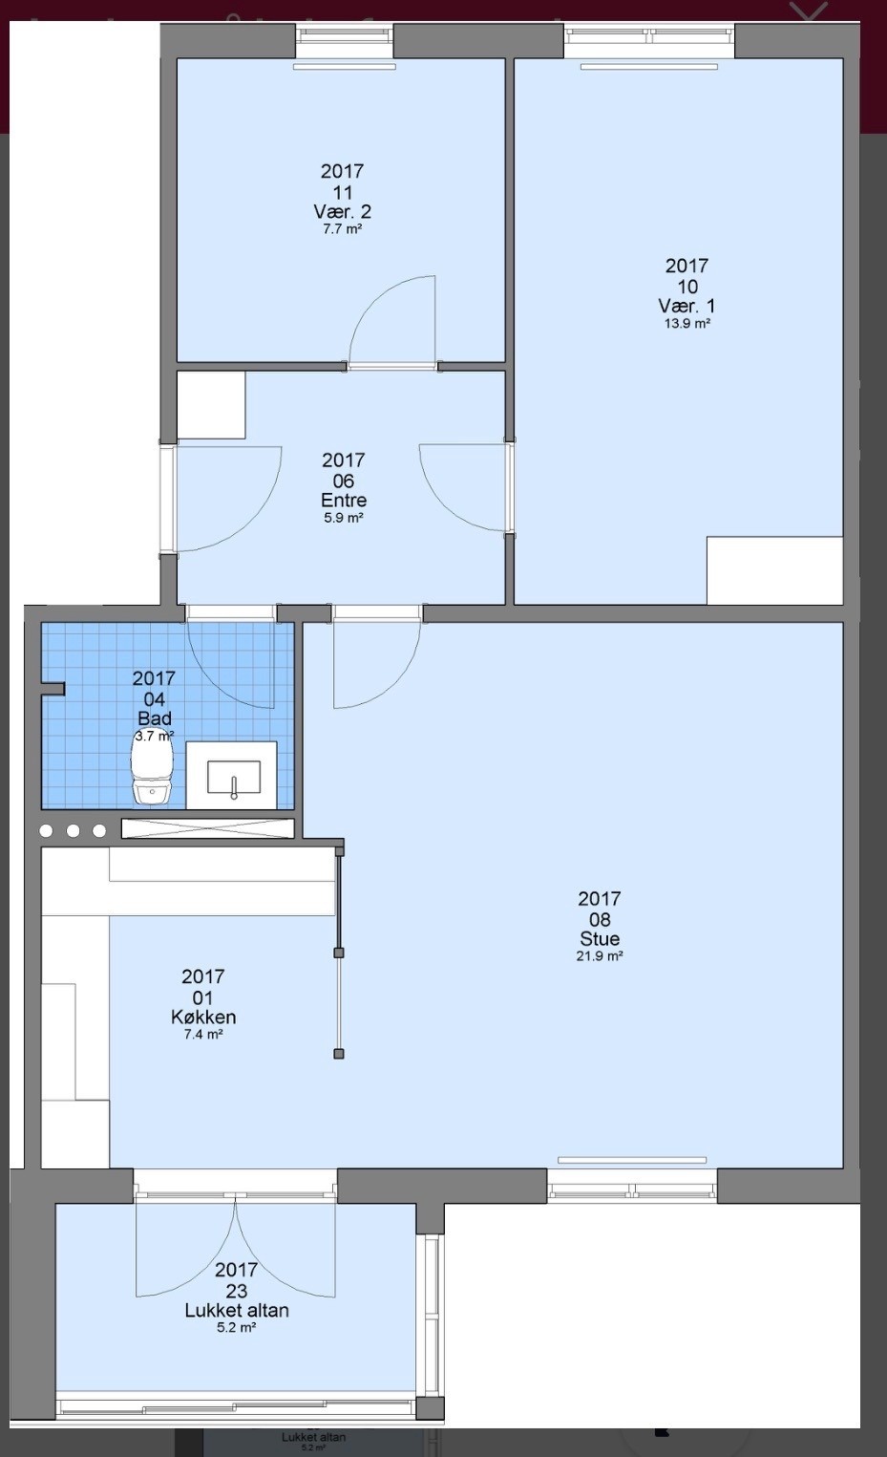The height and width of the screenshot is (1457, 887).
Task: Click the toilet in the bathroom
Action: pos(152,772)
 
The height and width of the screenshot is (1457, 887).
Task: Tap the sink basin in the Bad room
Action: pos(234,777)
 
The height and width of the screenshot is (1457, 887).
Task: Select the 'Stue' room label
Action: pos(600,938)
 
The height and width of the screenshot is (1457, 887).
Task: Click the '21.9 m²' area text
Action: pos(600,956)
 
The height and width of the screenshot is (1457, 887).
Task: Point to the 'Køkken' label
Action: pos(203,1017)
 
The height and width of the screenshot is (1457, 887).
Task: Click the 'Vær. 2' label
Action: pos(343,211)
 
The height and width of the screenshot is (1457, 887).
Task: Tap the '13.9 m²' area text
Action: pos(686,323)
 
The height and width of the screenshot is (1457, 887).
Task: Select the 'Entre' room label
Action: pos(344,501)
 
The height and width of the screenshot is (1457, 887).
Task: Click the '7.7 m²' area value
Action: pos(343,229)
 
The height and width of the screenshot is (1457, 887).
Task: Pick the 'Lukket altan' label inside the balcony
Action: pos(237,1311)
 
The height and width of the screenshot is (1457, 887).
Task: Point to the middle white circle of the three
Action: pos(73,830)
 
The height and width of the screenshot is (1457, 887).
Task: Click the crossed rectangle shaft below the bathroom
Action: pos(208,828)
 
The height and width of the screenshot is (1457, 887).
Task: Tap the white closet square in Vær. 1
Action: pos(774,570)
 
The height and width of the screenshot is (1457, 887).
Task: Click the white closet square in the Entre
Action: pos(211,405)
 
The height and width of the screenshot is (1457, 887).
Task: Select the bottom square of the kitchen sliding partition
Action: pos(339,1054)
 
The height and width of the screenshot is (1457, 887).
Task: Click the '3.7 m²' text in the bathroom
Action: pos(154,737)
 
